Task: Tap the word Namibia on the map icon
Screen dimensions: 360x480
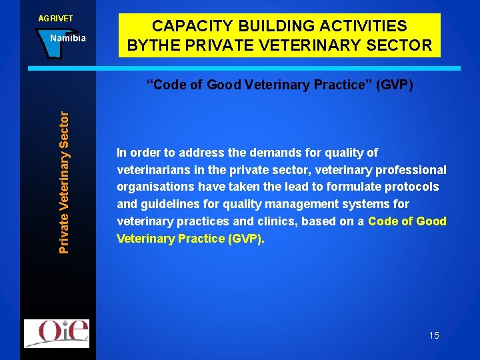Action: [68, 38]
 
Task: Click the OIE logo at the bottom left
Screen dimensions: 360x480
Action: [56, 333]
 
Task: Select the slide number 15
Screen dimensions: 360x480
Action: [434, 335]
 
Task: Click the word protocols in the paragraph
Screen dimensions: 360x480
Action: [413, 187]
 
